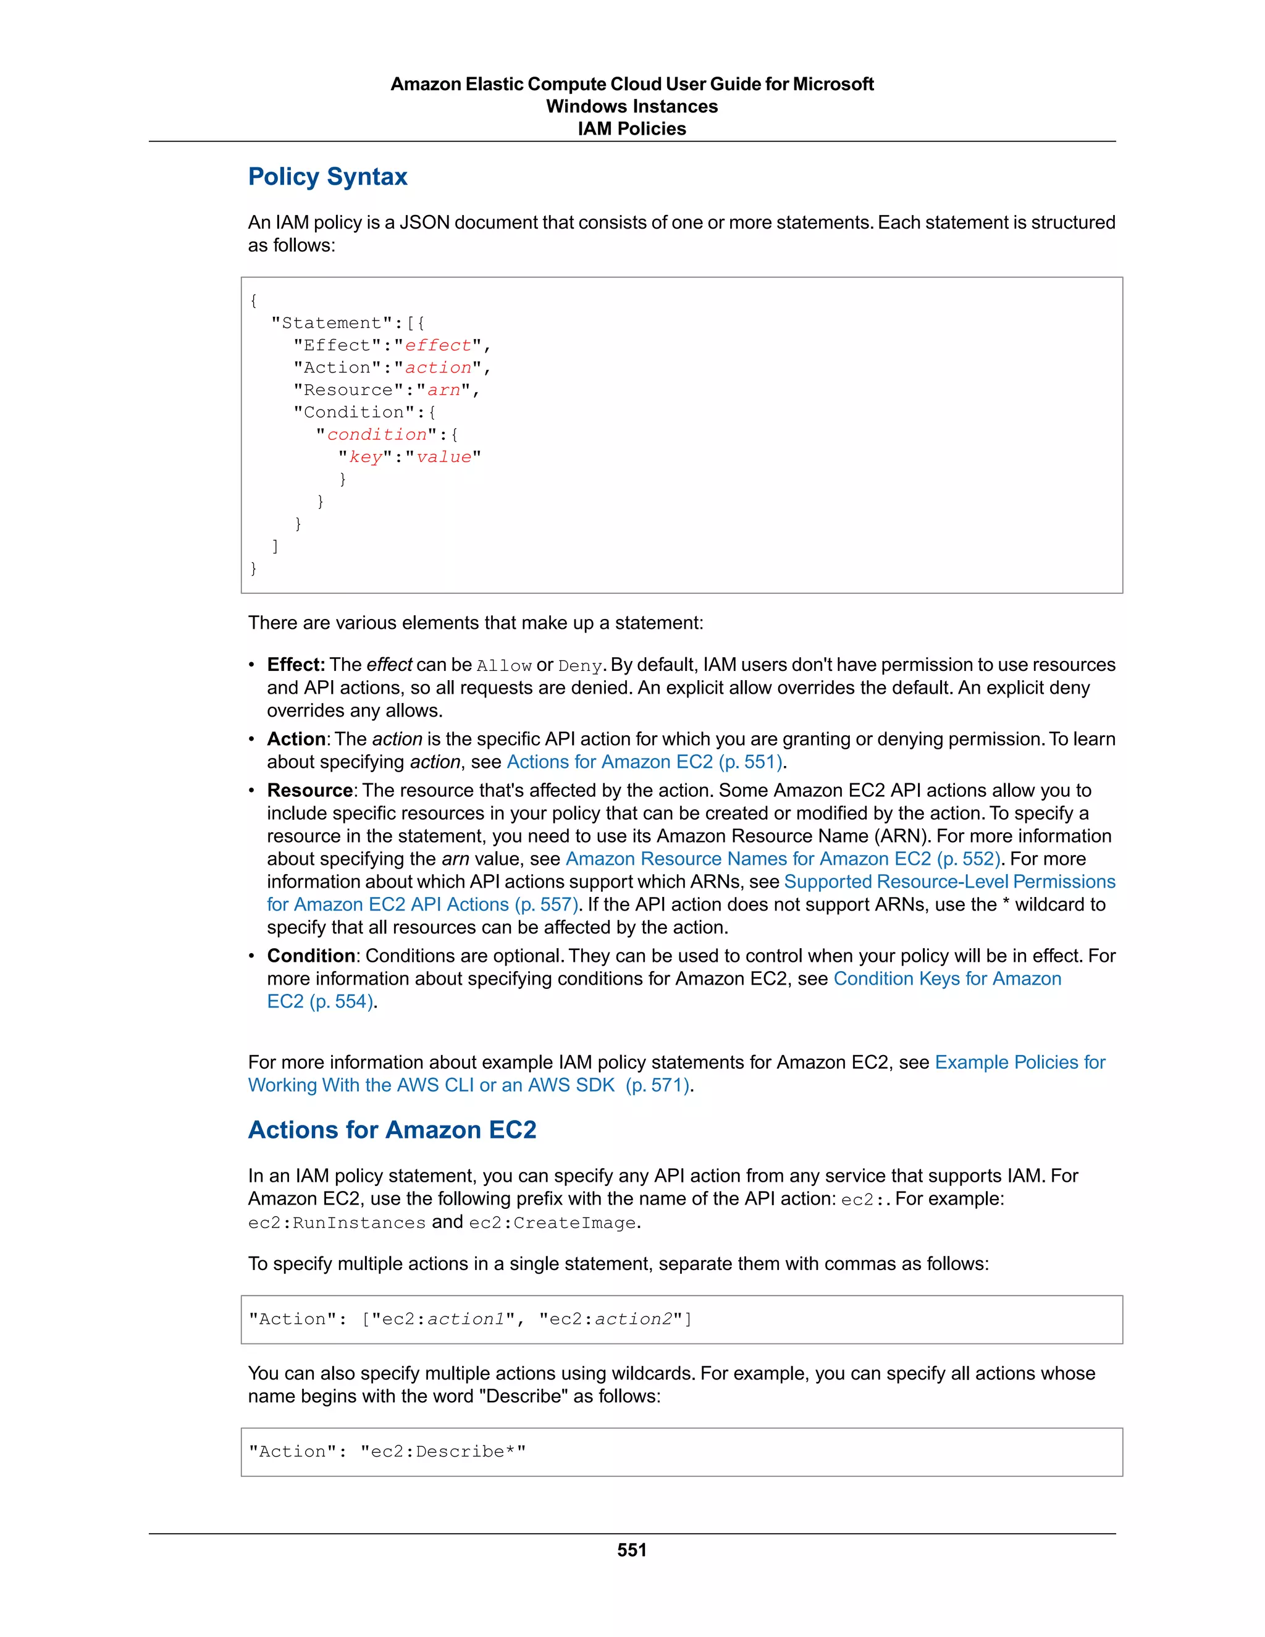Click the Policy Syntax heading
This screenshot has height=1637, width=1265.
pos(327,177)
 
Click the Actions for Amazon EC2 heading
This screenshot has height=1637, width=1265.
pos(392,1130)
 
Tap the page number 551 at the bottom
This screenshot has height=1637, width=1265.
pos(632,1550)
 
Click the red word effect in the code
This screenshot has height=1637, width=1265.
pos(439,345)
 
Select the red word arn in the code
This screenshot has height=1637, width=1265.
pos(443,390)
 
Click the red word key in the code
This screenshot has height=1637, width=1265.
pos(366,457)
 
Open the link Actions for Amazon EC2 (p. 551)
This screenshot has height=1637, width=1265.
pos(644,762)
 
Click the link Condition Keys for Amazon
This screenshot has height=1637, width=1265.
pos(946,979)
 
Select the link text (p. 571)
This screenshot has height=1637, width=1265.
pos(657,1085)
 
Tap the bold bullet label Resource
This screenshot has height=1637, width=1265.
pos(309,791)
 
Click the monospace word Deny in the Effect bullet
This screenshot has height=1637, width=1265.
pos(580,665)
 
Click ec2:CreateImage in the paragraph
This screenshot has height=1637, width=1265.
pos(552,1223)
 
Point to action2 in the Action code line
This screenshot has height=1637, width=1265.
pos(633,1319)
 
